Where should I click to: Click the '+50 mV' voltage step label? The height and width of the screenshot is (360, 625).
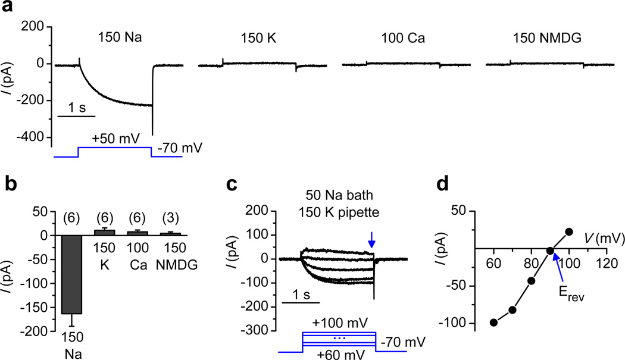[x=117, y=139]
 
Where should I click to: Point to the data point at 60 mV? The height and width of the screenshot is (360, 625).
[x=493, y=322]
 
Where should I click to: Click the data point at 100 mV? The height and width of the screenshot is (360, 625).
[x=569, y=231]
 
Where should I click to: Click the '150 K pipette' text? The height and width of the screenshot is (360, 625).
[x=339, y=212]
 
